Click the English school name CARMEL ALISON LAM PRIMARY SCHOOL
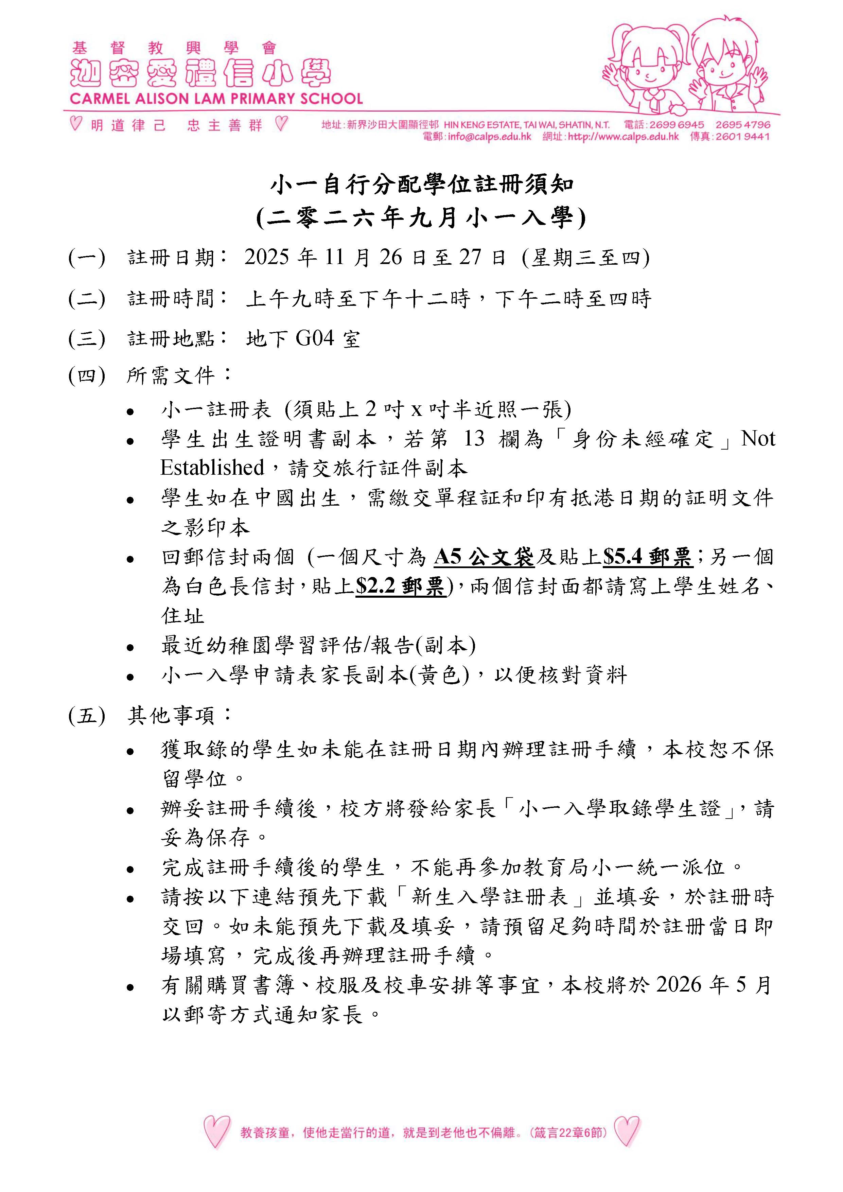(216, 99)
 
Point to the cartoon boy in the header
(727, 68)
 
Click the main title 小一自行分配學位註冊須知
(421, 185)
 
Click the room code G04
(315, 338)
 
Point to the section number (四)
(87, 375)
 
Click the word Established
(212, 468)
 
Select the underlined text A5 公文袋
(484, 558)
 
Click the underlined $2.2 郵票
(400, 586)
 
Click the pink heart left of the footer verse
(216, 1132)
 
